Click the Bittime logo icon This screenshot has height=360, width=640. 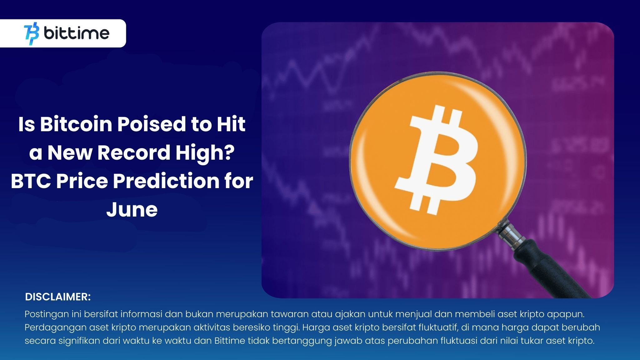pyautogui.click(x=32, y=33)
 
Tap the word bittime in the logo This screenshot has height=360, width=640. pyautogui.click(x=77, y=33)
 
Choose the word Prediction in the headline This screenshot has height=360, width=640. pyautogui.click(x=166, y=181)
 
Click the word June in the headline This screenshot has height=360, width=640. pyautogui.click(x=132, y=210)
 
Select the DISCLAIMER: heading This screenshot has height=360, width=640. pyautogui.click(x=58, y=297)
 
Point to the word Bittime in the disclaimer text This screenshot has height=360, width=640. pyautogui.click(x=230, y=341)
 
